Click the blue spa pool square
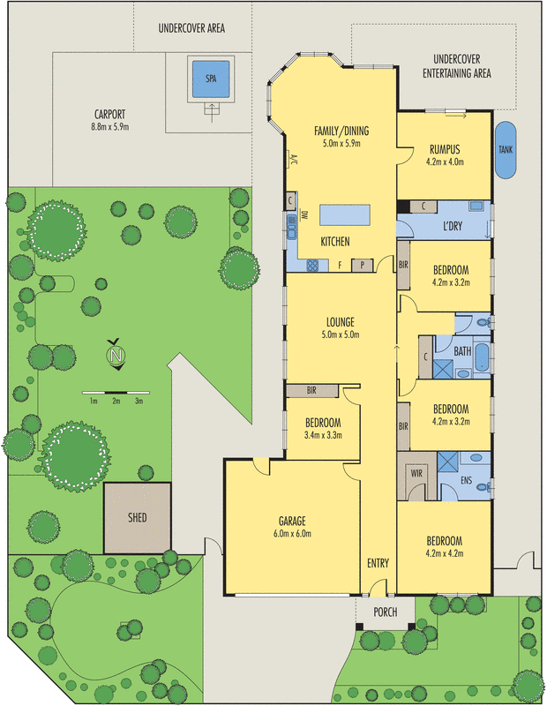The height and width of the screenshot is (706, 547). pos(211,78)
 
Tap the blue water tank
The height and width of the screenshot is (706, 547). pos(506,150)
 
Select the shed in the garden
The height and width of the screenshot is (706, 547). pos(137,517)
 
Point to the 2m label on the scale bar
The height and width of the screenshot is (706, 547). pos(116,402)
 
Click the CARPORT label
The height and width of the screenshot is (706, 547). pos(109,114)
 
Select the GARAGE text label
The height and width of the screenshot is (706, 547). pos(291,520)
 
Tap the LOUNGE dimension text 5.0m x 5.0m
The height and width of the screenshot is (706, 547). pos(341,334)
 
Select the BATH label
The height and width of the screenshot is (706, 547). pos(463,351)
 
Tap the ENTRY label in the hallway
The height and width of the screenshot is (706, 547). pos(378,563)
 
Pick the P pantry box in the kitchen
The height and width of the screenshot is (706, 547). pos(361,265)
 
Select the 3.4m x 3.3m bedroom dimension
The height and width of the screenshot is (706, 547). pos(322,435)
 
